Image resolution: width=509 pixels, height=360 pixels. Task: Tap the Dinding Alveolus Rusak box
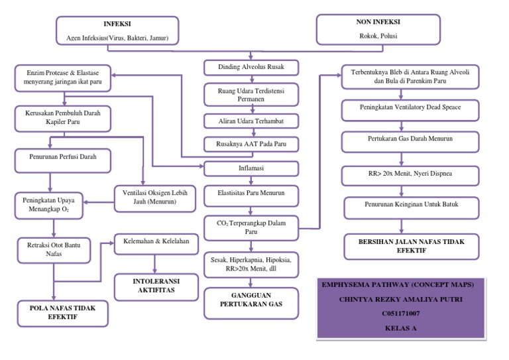[251, 67]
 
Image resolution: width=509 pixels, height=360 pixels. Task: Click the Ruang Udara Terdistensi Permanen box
[251, 93]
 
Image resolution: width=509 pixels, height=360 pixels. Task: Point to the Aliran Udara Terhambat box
[251, 121]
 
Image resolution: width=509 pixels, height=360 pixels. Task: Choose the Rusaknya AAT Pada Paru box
[251, 144]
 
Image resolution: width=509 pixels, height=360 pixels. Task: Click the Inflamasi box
[251, 168]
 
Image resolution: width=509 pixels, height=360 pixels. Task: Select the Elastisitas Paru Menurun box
[251, 194]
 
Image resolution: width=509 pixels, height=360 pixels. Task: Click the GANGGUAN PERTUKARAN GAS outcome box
[251, 299]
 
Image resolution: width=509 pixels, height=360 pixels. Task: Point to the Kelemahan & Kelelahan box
[156, 242]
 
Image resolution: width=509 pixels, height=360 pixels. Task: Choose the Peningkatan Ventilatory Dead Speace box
[410, 107]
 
